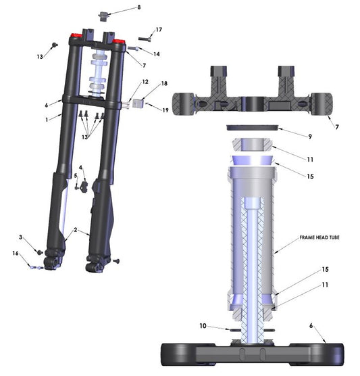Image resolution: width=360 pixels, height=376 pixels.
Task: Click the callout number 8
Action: point(138,7)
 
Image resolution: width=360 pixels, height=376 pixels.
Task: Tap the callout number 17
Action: point(159,30)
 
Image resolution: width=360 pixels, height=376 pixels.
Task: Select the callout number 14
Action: point(157,54)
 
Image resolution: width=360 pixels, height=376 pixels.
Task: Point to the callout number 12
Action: point(145,82)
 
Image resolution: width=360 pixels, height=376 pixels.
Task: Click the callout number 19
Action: point(165,110)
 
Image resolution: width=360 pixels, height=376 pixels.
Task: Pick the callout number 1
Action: point(47,119)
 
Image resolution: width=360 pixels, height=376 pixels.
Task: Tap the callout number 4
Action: point(80,167)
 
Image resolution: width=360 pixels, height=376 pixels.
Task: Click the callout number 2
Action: point(76,231)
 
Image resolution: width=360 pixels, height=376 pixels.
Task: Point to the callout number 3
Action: point(21,237)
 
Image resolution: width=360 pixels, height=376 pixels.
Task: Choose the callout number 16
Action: point(16,254)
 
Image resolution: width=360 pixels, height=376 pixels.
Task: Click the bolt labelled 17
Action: point(144,39)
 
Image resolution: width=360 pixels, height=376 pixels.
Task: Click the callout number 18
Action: point(163,84)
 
